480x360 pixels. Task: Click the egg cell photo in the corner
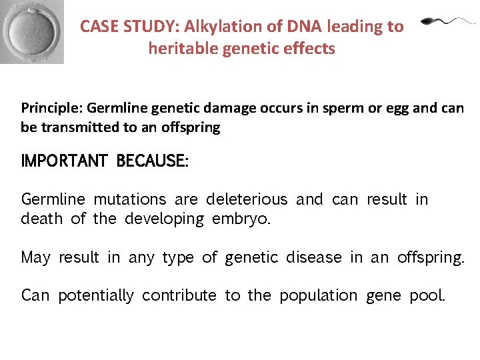click(32, 31)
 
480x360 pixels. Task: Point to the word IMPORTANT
click(64, 161)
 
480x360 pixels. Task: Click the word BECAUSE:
click(153, 161)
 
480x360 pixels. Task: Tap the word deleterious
click(247, 199)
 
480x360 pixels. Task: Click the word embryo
click(241, 219)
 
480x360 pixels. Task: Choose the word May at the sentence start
click(35, 257)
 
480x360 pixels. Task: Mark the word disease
click(315, 257)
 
